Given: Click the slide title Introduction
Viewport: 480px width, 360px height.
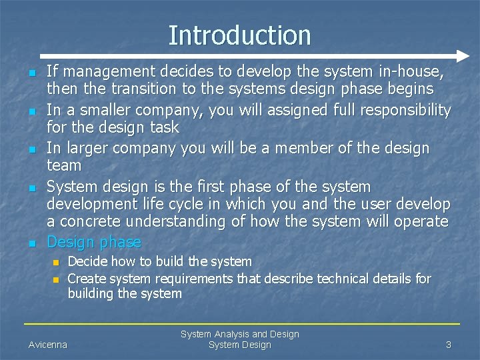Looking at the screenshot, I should [239, 35].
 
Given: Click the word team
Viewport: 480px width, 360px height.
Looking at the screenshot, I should [64, 165].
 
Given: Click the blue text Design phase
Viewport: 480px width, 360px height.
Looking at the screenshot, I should [94, 241].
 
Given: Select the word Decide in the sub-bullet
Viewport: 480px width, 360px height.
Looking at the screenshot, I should [87, 261].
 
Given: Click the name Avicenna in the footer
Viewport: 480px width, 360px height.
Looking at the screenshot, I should [47, 345].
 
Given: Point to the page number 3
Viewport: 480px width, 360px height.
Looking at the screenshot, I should [449, 345].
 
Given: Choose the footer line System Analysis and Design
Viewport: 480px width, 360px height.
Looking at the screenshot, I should [239, 334].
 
